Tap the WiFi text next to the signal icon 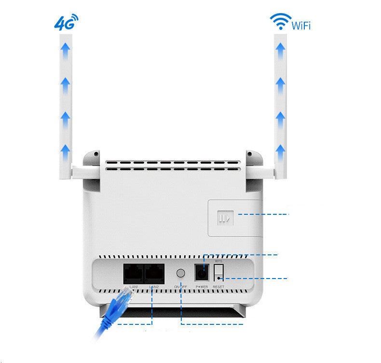click(x=301, y=25)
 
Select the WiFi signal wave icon click(x=280, y=21)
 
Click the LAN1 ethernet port click(x=133, y=274)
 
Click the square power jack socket click(x=202, y=273)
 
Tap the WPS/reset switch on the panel click(x=219, y=273)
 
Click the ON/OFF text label click(x=180, y=287)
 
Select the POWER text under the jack click(x=202, y=287)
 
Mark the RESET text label click(x=219, y=287)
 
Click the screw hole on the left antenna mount click(x=95, y=154)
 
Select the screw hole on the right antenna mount click(x=250, y=154)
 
